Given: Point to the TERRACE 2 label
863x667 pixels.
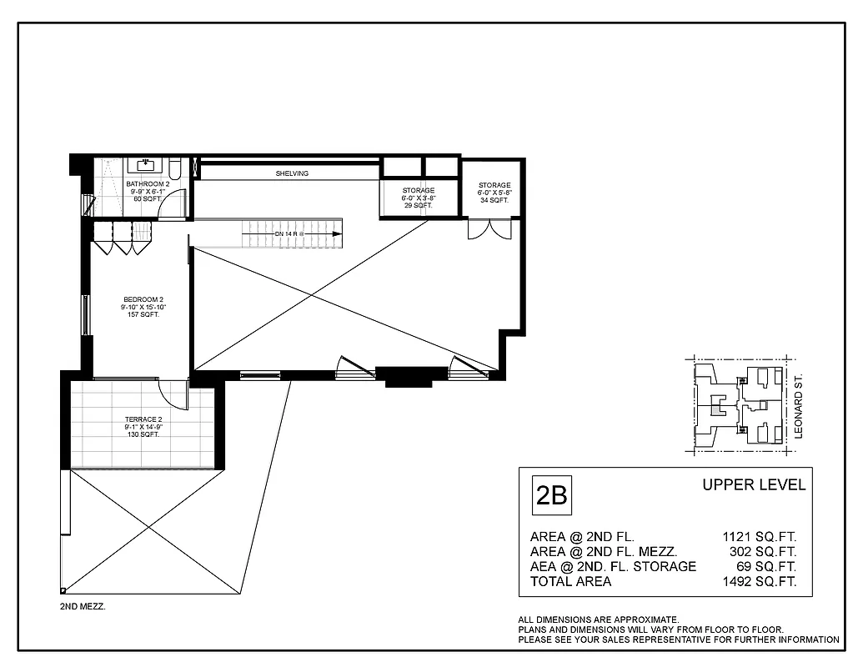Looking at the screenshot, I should pos(143,427).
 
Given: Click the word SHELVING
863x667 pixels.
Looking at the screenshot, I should pos(292,173).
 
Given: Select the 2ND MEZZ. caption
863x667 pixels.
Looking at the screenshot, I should pos(83,607).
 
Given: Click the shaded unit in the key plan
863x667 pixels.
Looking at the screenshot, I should pos(717,409).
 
